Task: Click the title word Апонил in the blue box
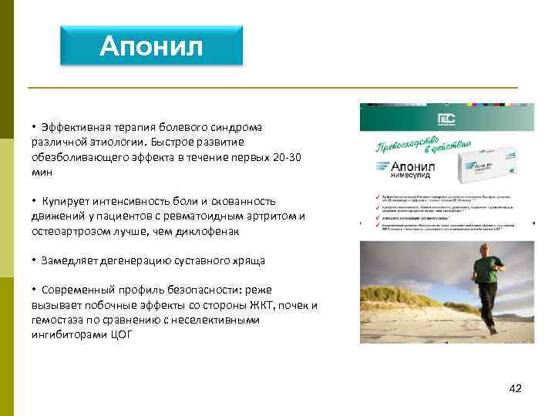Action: point(151,47)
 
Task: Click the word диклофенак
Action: point(208,231)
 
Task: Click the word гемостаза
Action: point(59,320)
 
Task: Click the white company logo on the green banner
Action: point(447,119)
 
